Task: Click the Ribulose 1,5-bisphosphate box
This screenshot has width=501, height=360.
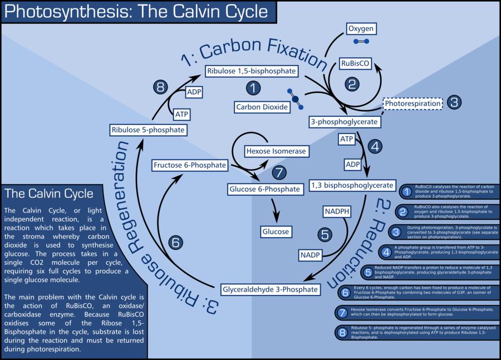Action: tap(251, 71)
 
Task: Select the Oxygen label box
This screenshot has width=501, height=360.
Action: tap(361, 28)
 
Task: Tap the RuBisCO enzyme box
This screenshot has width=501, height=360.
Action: tap(355, 63)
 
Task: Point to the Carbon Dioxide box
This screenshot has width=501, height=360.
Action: tap(262, 107)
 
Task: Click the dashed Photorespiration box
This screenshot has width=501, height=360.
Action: tap(412, 103)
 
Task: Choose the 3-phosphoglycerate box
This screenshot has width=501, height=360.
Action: tap(345, 121)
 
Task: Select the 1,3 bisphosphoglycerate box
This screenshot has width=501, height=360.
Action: tap(352, 185)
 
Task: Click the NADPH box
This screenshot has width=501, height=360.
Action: tap(337, 211)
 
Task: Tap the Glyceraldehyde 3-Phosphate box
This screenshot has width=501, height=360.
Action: tap(270, 289)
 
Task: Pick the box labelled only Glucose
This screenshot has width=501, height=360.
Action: tap(275, 231)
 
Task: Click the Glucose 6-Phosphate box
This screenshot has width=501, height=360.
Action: tap(265, 189)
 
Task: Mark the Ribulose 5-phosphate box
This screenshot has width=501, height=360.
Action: tap(148, 130)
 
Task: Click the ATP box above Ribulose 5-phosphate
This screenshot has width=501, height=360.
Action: tap(181, 114)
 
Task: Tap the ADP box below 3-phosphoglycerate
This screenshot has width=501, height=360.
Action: tap(353, 165)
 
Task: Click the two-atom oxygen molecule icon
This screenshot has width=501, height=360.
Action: tap(361, 42)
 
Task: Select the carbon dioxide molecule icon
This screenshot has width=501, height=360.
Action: tap(295, 98)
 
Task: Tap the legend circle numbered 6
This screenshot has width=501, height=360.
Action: tap(345, 292)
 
